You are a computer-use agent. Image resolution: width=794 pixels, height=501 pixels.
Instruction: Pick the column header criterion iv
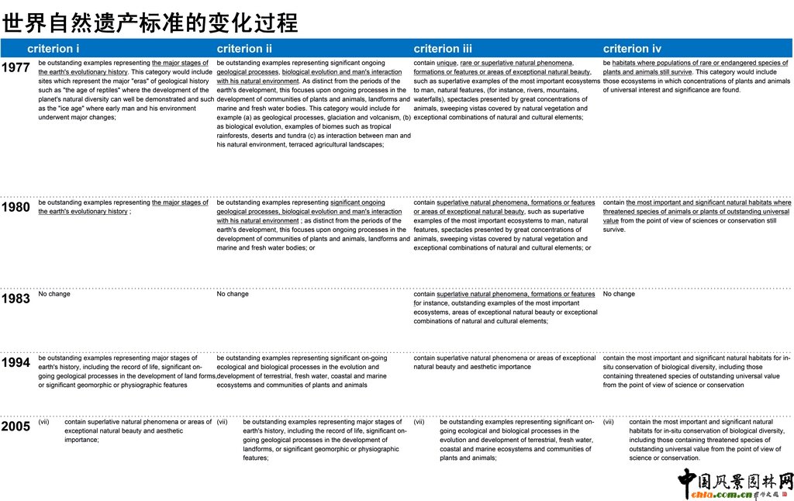(632, 49)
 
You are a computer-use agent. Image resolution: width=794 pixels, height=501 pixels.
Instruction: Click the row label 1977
(16, 67)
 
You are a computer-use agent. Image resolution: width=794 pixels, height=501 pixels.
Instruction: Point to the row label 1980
(16, 207)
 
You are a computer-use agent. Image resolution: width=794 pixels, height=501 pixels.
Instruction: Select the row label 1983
(16, 299)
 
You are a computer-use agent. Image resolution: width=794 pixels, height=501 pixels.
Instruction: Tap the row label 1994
(16, 362)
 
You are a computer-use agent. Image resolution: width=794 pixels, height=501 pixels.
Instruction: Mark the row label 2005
(16, 426)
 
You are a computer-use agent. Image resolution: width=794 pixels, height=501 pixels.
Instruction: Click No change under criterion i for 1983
(54, 294)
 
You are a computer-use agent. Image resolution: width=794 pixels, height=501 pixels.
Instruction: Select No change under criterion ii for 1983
(233, 294)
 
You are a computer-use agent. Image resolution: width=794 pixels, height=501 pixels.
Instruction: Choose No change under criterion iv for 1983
(619, 294)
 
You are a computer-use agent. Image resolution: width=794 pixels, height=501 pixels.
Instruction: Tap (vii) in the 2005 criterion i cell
(44, 422)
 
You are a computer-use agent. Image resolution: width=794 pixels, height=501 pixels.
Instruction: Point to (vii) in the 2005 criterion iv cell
(609, 422)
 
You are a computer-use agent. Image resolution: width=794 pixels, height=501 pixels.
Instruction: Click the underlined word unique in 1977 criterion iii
(447, 63)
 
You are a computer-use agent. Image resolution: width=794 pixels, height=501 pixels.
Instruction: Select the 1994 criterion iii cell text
(504, 362)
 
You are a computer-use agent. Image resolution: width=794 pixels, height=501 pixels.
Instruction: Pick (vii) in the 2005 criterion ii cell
(223, 422)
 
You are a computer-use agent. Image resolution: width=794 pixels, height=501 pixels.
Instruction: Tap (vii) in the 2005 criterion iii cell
(419, 422)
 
